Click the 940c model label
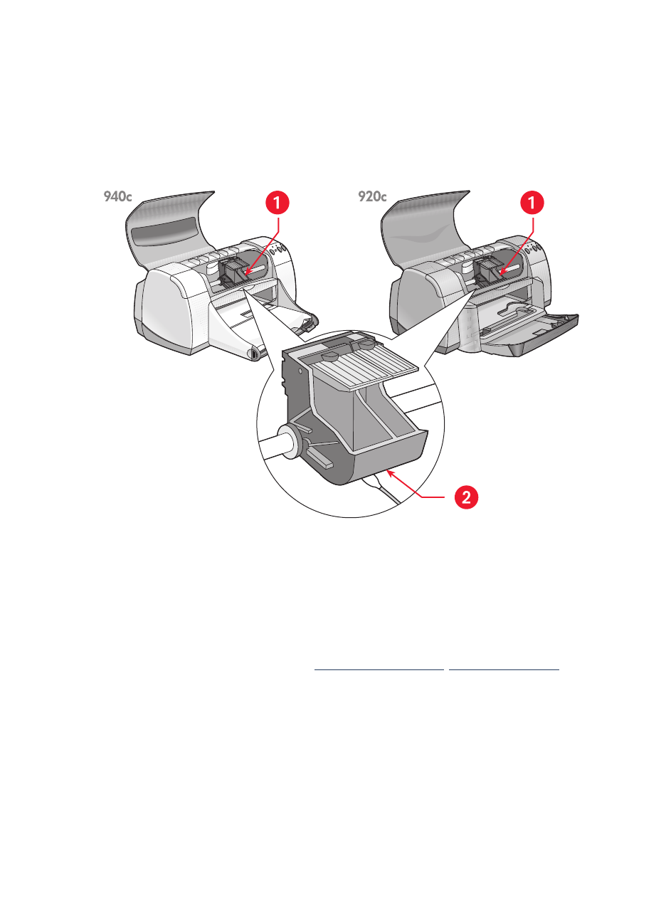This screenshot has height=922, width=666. click(117, 197)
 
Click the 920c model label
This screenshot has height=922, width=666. click(372, 197)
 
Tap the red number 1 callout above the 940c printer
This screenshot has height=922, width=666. click(277, 203)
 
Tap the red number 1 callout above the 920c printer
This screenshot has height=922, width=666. click(532, 203)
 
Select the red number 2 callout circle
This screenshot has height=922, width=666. click(466, 497)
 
